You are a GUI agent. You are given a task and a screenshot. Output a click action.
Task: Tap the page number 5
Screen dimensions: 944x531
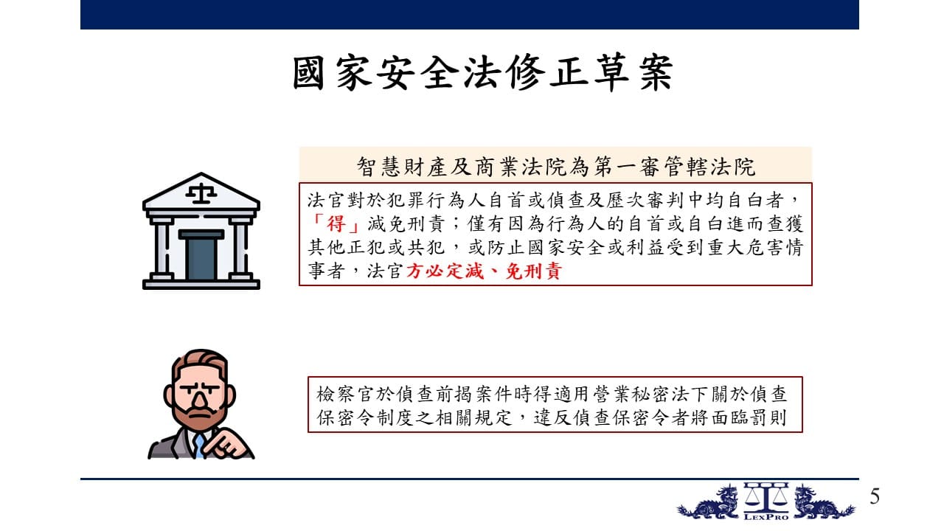875,496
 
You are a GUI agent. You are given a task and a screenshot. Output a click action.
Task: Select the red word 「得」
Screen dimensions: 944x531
336,223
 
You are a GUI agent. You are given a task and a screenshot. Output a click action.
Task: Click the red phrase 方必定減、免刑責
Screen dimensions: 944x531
484,271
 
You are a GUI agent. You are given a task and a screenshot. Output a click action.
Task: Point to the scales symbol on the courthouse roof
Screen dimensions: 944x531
201,193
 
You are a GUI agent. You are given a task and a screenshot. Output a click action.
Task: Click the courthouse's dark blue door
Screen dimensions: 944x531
201,255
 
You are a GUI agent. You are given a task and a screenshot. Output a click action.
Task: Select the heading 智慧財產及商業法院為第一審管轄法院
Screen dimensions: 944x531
556,167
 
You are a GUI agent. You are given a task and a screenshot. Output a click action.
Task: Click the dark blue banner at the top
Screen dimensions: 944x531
470,15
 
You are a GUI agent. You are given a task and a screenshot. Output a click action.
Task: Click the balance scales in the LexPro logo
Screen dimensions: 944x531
766,497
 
